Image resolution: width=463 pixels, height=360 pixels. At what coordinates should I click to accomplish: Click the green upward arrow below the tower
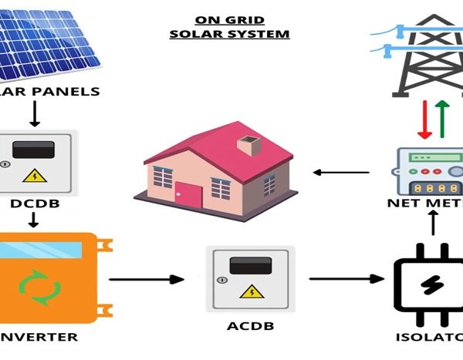441,118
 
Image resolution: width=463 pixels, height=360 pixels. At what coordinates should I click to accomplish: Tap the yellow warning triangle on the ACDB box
249,291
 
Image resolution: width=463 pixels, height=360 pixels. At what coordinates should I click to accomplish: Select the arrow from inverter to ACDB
147,280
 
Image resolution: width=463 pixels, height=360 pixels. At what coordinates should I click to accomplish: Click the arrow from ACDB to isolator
346,280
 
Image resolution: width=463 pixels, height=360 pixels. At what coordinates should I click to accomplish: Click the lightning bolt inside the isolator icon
427,283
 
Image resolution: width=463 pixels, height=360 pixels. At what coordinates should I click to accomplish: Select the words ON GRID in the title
230,20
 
